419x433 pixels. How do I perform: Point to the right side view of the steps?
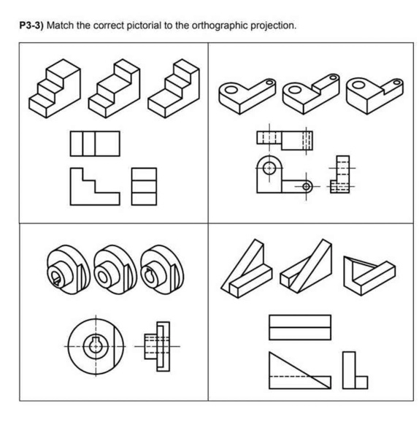[x=144, y=186]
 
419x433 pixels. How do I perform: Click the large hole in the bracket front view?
[x=271, y=168]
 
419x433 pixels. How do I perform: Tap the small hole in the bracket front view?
[x=305, y=186]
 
